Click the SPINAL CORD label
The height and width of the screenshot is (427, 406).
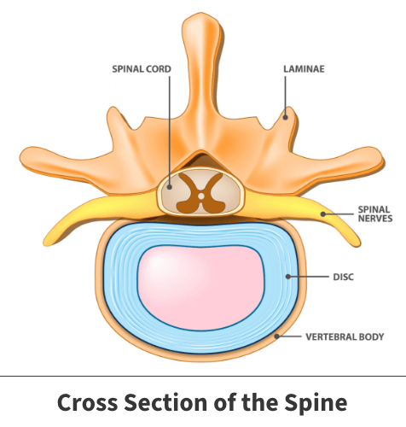[x=142, y=69]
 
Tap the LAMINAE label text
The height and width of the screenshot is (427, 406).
[x=304, y=69]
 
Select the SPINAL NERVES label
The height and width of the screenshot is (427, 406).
[x=375, y=213]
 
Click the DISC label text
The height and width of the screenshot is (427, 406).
[x=344, y=277]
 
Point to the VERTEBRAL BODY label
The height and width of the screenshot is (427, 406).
[x=345, y=337]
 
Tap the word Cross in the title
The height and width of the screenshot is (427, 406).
[x=87, y=402]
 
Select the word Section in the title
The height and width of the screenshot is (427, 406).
[x=166, y=402]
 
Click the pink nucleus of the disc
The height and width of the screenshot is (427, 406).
[x=201, y=288]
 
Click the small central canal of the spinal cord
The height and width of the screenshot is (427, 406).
[x=201, y=196]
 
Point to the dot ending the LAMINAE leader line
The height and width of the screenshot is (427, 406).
[x=285, y=117]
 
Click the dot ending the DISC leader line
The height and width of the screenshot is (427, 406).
[x=288, y=277]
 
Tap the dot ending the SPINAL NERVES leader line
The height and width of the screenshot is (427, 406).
[x=323, y=214]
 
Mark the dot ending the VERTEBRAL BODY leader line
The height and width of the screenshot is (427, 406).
[x=276, y=336]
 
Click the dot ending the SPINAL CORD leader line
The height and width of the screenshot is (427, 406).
[x=170, y=187]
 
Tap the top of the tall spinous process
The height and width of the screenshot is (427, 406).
[x=201, y=14]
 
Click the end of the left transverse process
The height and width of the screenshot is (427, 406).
[x=21, y=158]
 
